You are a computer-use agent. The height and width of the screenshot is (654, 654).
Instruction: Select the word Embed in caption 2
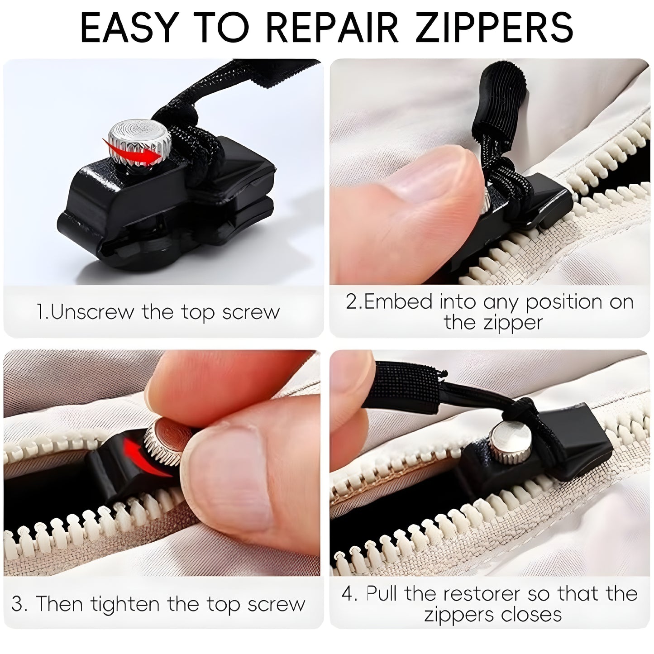tap(398, 302)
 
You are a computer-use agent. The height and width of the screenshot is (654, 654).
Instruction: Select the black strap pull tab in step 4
tap(407, 387)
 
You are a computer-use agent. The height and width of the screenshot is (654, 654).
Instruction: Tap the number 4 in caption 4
tap(348, 593)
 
